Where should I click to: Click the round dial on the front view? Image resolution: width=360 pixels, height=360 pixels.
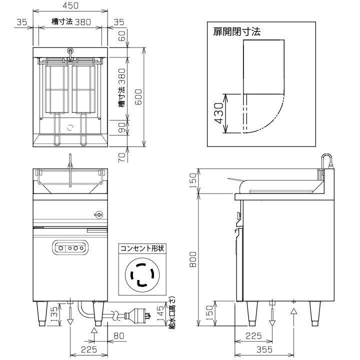click(x=98, y=215)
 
